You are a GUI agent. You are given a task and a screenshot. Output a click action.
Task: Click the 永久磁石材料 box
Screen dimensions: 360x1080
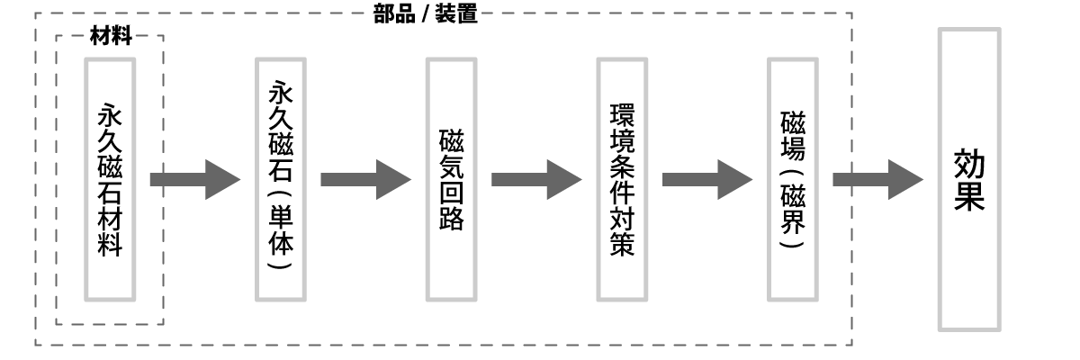pyautogui.click(x=110, y=180)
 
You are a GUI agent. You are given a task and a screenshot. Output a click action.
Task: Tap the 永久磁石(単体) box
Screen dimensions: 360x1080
pyautogui.click(x=280, y=180)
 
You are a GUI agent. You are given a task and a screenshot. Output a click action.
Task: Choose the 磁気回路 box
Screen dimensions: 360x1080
pyautogui.click(x=451, y=180)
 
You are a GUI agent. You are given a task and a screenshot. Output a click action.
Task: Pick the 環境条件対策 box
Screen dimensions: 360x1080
pyautogui.click(x=622, y=180)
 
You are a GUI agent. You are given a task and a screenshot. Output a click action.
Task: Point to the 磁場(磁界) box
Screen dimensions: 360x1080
pyautogui.click(x=792, y=180)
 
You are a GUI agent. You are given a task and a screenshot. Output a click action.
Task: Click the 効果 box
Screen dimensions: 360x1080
pyautogui.click(x=968, y=180)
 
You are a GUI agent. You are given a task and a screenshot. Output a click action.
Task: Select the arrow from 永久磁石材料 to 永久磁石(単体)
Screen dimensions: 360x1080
pyautogui.click(x=194, y=180)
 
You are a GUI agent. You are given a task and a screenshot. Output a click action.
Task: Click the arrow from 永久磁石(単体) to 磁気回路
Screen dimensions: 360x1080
pyautogui.click(x=365, y=180)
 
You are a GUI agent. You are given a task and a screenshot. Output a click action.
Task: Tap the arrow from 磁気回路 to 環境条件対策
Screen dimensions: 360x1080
pyautogui.click(x=536, y=180)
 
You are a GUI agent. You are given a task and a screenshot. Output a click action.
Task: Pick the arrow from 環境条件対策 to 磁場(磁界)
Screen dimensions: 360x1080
pyautogui.click(x=707, y=180)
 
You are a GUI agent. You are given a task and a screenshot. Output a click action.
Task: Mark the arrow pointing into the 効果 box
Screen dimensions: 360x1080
pyautogui.click(x=878, y=180)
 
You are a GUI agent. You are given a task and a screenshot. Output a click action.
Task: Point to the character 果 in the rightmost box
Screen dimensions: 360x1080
pyautogui.click(x=968, y=198)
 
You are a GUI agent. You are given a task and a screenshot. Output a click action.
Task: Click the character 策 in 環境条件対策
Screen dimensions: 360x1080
pyautogui.click(x=622, y=245)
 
